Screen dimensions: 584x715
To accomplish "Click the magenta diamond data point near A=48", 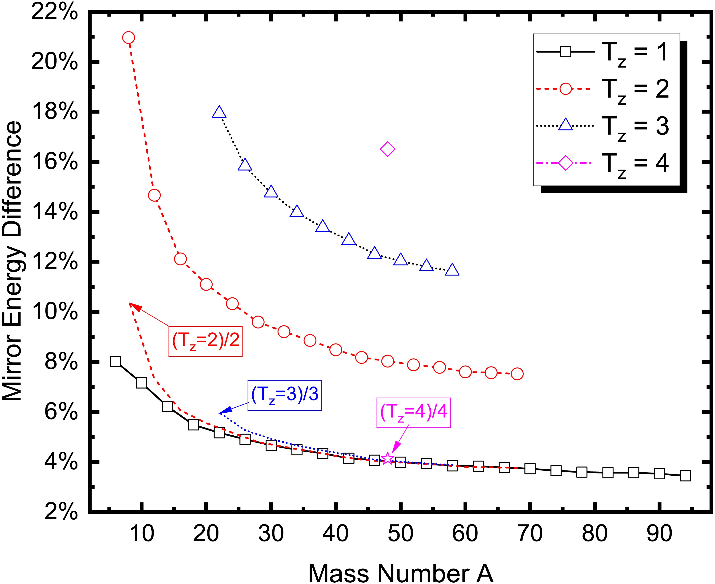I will tap(387, 149).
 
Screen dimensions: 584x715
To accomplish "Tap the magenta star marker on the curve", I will tap(387, 458).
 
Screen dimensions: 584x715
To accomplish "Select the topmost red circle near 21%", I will tap(128, 37).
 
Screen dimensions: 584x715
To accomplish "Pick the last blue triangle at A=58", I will tap(452, 270).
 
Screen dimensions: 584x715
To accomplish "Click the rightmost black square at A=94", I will tap(685, 476).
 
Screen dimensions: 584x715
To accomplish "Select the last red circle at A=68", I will tap(517, 374).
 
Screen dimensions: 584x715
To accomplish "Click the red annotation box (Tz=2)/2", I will tap(206, 341).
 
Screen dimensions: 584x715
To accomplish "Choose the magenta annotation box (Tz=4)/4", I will tap(413, 413).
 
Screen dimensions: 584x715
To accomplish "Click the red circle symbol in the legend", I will tap(566, 89).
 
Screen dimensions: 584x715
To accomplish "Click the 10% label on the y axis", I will tap(55, 312).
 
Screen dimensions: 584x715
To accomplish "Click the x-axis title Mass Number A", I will tap(400, 572).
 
